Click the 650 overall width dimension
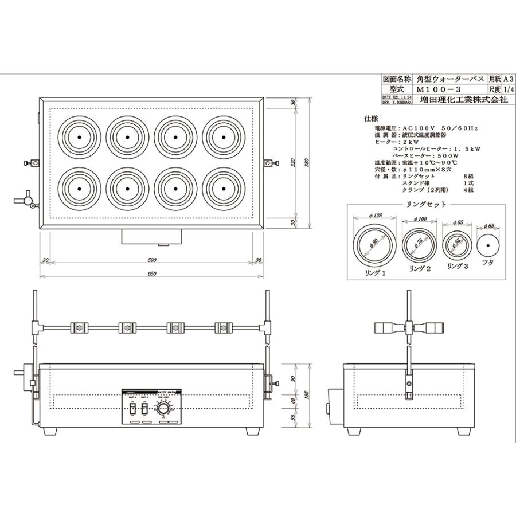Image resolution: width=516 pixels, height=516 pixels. (151, 274)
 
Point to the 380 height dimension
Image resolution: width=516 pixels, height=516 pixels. (308, 163)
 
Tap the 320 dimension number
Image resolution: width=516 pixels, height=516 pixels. (294, 163)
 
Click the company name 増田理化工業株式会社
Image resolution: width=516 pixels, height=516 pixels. (463, 99)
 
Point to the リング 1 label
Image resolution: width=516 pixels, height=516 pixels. (376, 273)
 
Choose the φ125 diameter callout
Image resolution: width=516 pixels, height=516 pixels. (376, 217)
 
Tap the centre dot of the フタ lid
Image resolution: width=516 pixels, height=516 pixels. (488, 245)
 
